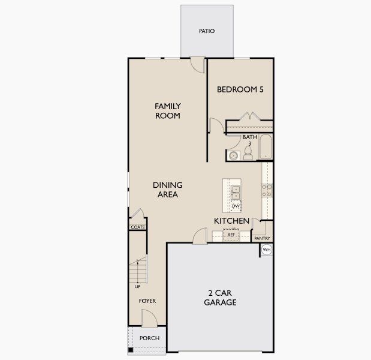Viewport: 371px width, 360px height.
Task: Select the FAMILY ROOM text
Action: pyautogui.click(x=168, y=111)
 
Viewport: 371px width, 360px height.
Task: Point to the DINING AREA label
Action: pyautogui.click(x=168, y=190)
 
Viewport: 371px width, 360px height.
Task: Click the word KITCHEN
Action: pyautogui.click(x=232, y=221)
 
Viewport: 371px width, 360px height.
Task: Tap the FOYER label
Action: pyautogui.click(x=147, y=301)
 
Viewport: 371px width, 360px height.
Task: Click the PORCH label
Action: pyautogui.click(x=149, y=338)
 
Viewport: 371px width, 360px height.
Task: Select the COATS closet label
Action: pyautogui.click(x=138, y=227)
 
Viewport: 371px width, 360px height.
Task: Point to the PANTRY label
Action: pyautogui.click(x=263, y=238)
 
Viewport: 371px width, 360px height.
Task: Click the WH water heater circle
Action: pyautogui.click(x=267, y=250)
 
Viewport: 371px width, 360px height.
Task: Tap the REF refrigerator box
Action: pyautogui.click(x=231, y=235)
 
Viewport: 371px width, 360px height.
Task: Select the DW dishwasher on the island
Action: pyautogui.click(x=236, y=206)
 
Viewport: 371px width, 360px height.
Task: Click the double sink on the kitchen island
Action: pyautogui.click(x=236, y=191)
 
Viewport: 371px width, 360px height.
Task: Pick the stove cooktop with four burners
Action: pyautogui.click(x=267, y=190)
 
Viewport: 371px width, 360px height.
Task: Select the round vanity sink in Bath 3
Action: pyautogui.click(x=233, y=156)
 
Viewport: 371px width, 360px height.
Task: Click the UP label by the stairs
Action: pyautogui.click(x=137, y=286)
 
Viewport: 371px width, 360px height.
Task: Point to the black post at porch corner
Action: pyautogui.click(x=129, y=350)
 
